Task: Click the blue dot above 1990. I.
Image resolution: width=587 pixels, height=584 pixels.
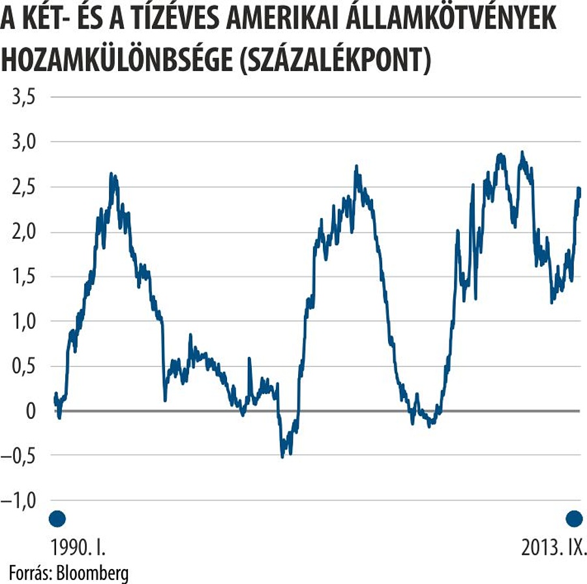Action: (x=57, y=519)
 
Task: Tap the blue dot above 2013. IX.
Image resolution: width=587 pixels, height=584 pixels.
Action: (x=574, y=519)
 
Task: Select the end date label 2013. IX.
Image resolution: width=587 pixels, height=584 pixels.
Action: (x=554, y=547)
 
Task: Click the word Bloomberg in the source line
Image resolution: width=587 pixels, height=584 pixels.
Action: (x=92, y=573)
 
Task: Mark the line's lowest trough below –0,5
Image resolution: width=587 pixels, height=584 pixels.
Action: (x=282, y=455)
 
